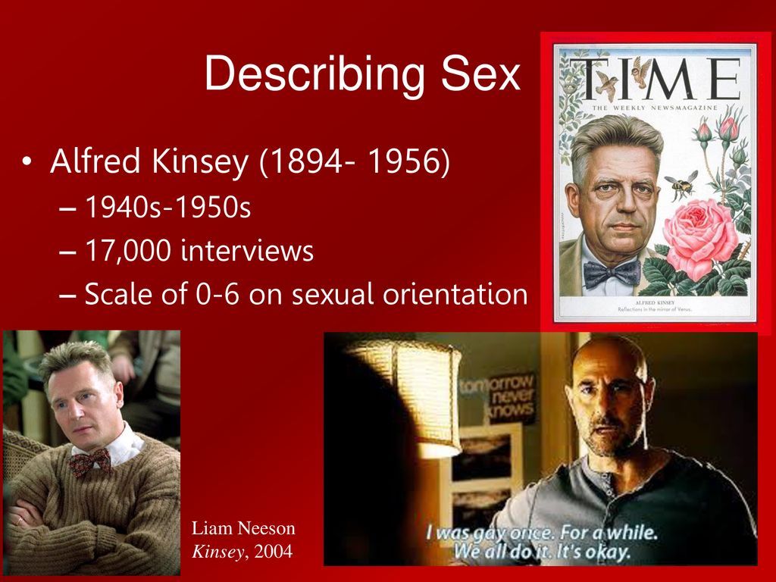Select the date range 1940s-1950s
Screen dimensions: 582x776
tap(167, 207)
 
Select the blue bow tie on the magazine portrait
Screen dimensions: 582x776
tap(612, 274)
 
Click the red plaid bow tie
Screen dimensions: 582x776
tap(90, 461)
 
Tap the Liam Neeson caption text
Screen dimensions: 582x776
tap(243, 529)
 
